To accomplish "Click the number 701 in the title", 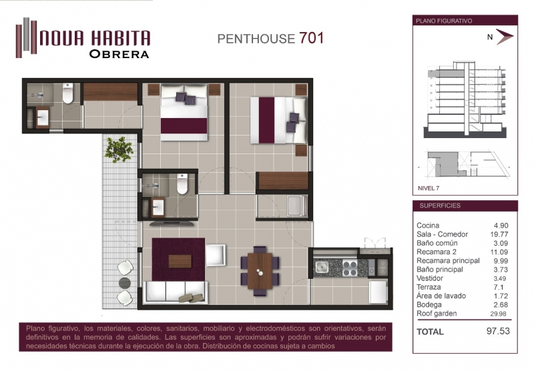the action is (311, 38).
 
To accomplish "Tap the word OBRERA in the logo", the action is (119, 54).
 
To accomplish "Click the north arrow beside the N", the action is (505, 37).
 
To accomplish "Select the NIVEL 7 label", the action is (429, 188).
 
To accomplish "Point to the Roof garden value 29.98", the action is (498, 314).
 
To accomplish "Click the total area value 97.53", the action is (498, 331).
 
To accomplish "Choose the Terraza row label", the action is (429, 288).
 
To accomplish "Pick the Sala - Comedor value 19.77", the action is (499, 234).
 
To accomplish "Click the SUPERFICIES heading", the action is (440, 206).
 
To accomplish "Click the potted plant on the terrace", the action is (119, 149).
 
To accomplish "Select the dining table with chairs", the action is (260, 271).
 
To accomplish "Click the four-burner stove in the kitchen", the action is (350, 268).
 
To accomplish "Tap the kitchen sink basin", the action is (321, 267).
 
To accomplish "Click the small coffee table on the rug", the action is (180, 262).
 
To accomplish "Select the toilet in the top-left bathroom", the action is (68, 93).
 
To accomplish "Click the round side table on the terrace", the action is (125, 283).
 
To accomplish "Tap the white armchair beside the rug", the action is (216, 256).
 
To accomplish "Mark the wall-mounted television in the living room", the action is (173, 224).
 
